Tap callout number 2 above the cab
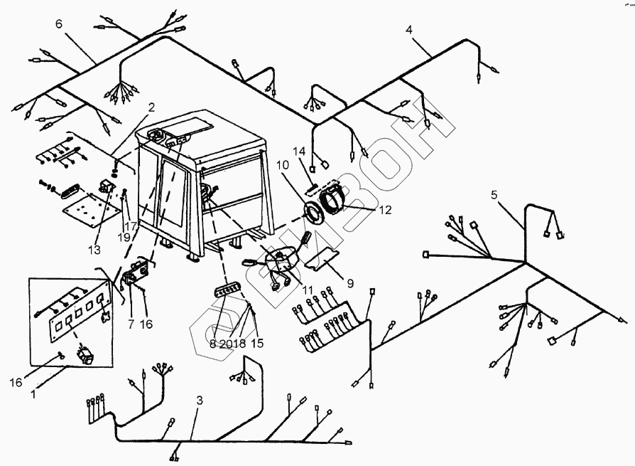tap(151, 107)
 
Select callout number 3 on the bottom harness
tap(200, 401)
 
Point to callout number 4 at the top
tap(408, 30)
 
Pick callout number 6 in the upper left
tap(59, 23)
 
